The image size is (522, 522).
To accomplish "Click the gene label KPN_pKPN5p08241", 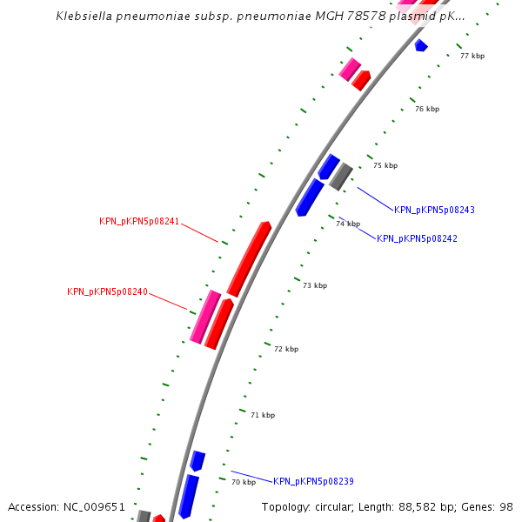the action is pyautogui.click(x=139, y=222).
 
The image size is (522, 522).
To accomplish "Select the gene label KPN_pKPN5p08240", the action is pyautogui.click(x=107, y=291).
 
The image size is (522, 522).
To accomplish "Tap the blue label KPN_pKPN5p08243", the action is pyautogui.click(x=434, y=210).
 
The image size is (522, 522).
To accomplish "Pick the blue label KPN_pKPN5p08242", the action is pyautogui.click(x=417, y=238).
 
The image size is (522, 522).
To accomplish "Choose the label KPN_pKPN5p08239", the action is pyautogui.click(x=313, y=481).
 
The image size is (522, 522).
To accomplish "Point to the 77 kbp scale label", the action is pyautogui.click(x=472, y=56).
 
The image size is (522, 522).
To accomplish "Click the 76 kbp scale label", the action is pyautogui.click(x=427, y=109).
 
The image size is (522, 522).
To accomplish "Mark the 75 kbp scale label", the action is pyautogui.click(x=385, y=165).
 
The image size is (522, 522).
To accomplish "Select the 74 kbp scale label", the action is pyautogui.click(x=347, y=224).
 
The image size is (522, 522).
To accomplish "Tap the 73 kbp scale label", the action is pyautogui.click(x=315, y=285).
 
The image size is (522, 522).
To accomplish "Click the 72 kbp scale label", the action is pyautogui.click(x=286, y=349).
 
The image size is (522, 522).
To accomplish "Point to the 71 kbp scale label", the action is pyautogui.click(x=263, y=415).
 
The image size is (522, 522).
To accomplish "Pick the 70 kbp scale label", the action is pyautogui.click(x=244, y=481).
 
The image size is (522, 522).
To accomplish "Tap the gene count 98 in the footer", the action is pyautogui.click(x=506, y=506).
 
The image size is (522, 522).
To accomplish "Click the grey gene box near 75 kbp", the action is pyautogui.click(x=340, y=177).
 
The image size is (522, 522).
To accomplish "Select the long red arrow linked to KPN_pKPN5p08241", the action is pyautogui.click(x=249, y=258).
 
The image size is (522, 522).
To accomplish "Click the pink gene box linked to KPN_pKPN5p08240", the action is pyautogui.click(x=205, y=317).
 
